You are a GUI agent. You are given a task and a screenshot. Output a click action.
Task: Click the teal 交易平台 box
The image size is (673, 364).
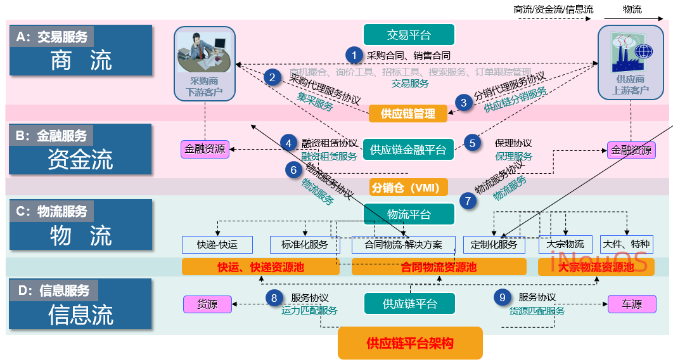point(409,35)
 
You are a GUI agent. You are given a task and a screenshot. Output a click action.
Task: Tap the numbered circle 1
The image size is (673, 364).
point(354,55)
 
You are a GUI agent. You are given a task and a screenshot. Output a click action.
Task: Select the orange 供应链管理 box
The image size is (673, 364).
point(408,114)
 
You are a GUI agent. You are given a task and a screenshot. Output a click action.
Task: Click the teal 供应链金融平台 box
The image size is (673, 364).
point(408,150)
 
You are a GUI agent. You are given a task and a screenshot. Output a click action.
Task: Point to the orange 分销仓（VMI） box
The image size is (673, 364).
point(409,187)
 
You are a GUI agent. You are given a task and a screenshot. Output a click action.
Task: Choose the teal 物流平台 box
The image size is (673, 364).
point(409,214)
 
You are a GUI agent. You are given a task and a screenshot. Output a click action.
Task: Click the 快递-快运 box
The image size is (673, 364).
point(217,244)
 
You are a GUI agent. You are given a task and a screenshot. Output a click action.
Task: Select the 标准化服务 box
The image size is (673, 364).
point(305,244)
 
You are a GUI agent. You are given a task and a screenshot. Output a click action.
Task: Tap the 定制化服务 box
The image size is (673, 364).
point(495,244)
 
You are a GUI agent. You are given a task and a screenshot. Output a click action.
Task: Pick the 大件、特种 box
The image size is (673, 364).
point(627,244)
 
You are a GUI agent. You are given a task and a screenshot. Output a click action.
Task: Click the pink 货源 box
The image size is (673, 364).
point(207,304)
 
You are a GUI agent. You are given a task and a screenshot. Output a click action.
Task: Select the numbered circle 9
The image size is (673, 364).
point(502,297)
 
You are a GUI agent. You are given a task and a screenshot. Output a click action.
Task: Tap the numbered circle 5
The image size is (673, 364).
point(472,143)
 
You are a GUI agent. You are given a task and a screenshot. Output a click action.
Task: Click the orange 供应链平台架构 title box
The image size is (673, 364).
point(410,343)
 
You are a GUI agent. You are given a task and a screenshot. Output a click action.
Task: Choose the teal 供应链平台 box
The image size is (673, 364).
point(409,304)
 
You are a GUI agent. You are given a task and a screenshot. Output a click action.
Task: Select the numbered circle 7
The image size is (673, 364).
point(468,201)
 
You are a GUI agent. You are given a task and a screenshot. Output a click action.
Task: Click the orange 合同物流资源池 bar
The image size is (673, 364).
point(439,267)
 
